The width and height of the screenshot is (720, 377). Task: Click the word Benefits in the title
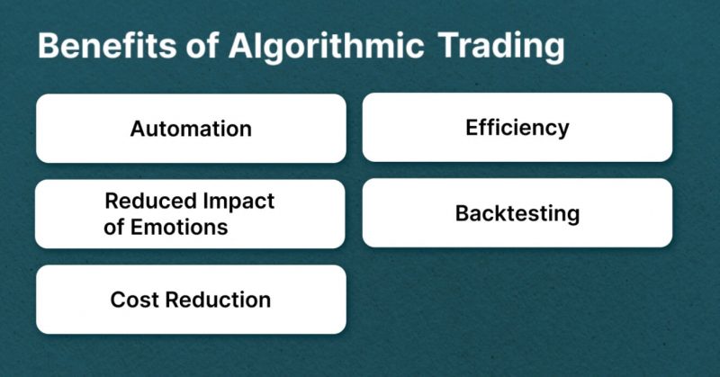point(107,46)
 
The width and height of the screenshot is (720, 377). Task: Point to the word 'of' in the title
point(202,45)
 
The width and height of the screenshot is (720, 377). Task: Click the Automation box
point(191,129)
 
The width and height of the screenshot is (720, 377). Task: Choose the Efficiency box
point(517,127)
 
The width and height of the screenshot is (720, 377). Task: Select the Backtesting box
point(517,213)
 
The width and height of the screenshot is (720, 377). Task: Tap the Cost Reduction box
point(191,300)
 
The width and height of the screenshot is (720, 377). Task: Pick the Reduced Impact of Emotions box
point(190,214)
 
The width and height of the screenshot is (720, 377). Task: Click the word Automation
point(191,129)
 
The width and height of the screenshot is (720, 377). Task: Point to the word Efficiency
point(517,128)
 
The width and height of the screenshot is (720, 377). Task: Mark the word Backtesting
point(517,213)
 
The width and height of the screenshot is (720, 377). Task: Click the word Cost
point(134,300)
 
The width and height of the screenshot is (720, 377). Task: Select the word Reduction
point(218,300)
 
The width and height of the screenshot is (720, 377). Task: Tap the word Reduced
point(150,201)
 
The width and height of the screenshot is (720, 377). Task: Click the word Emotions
point(179,227)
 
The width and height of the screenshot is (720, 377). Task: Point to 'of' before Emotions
point(114,227)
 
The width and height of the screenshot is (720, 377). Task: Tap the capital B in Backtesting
point(463,213)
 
